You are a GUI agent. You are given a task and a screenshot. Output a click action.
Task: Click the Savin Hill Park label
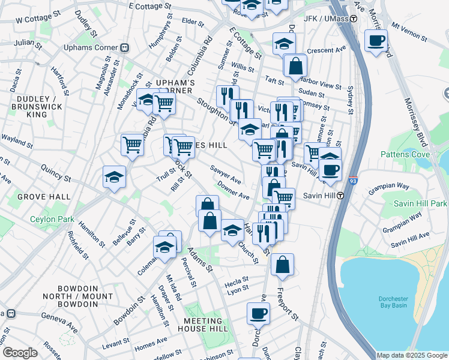(x=420, y=204)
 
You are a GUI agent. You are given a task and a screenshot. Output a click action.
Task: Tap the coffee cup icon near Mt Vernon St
(x=376, y=41)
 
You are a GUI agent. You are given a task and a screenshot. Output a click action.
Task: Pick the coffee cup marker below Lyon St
(x=259, y=313)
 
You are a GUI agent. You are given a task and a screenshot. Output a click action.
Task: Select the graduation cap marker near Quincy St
(x=114, y=177)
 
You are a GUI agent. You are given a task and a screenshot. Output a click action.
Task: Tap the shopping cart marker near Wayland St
(x=132, y=145)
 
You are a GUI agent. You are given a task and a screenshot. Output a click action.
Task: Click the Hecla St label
(x=237, y=281)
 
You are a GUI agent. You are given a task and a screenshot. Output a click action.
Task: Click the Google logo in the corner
(x=20, y=353)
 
